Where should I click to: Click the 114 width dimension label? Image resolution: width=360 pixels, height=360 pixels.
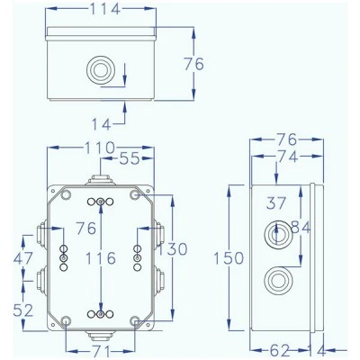pos(105,9)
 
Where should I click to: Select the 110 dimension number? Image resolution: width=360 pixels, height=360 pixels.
pos(100,148)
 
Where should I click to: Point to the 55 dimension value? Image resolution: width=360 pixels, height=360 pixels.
pos(130,158)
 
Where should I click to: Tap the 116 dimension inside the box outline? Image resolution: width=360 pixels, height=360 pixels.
pos(101,258)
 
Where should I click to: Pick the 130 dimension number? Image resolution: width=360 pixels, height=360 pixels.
pos(173,249)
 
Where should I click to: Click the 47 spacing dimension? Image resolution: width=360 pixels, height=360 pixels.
pos(23,258)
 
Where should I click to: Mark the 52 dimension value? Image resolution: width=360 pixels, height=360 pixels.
pos(23,310)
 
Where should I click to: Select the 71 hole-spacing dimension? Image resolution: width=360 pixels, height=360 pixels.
pos(102,351)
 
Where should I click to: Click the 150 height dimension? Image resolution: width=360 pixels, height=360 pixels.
pos(229,258)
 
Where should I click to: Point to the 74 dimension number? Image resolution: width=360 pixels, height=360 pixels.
pos(287,157)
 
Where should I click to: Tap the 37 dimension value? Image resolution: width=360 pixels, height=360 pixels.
pos(276,203)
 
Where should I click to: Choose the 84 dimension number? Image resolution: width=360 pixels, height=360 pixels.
pos(301,228)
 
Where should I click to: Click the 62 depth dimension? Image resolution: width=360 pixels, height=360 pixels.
pos(280,350)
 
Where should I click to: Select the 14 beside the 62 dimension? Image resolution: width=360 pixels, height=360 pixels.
pos(317,351)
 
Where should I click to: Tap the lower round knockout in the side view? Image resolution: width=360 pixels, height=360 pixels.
pos(276,281)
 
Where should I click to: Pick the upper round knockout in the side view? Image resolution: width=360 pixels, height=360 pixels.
pos(276,235)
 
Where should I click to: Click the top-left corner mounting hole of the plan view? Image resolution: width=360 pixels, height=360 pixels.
pos(66,195)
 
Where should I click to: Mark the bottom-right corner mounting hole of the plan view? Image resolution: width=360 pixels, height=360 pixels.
pos(135,321)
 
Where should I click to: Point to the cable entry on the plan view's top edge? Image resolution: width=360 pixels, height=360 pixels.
pos(100,180)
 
